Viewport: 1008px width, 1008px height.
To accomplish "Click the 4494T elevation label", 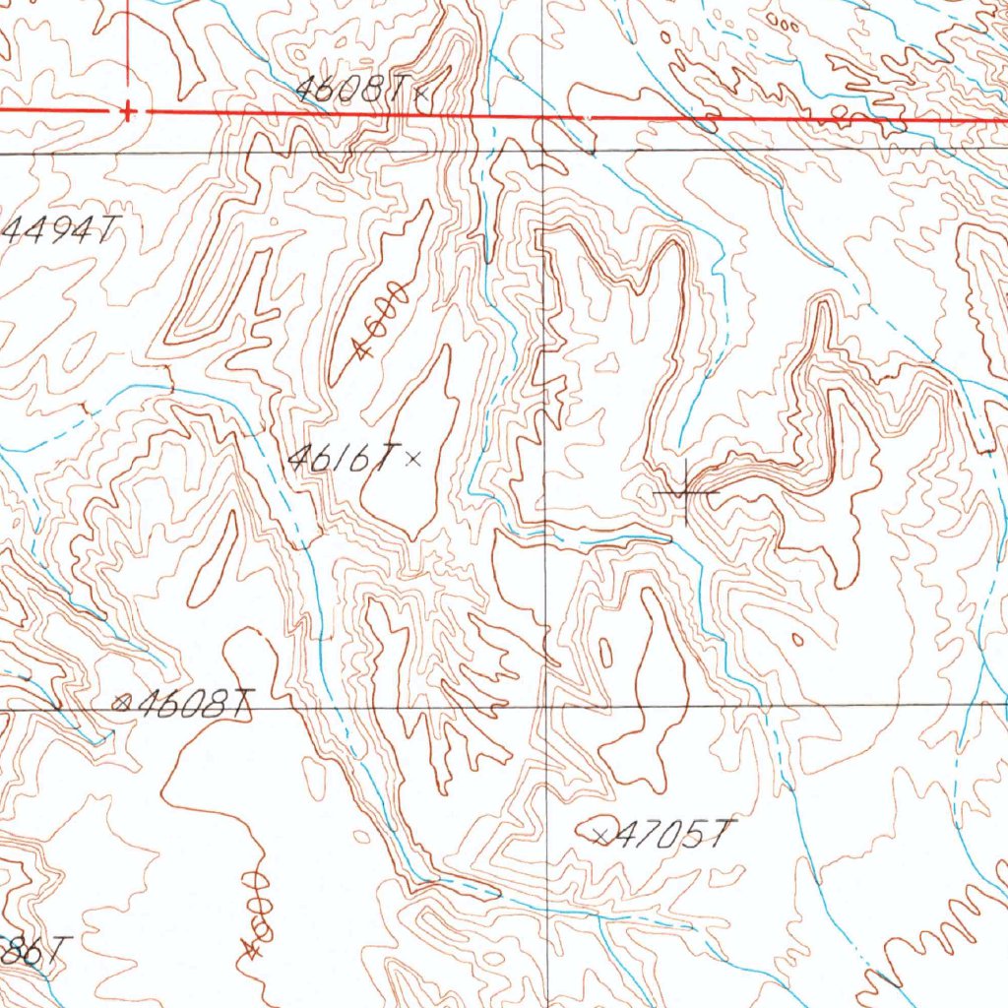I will (59, 231).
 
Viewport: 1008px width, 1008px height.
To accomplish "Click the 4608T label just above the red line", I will (350, 91).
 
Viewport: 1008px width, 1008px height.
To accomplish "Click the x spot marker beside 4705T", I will (601, 836).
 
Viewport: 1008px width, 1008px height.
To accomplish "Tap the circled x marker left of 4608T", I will (122, 702).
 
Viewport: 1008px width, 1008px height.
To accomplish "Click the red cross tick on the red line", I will (127, 111).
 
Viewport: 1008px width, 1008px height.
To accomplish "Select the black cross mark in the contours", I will (685, 490).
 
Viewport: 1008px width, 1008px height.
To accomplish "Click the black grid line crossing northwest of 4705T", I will (547, 707).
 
